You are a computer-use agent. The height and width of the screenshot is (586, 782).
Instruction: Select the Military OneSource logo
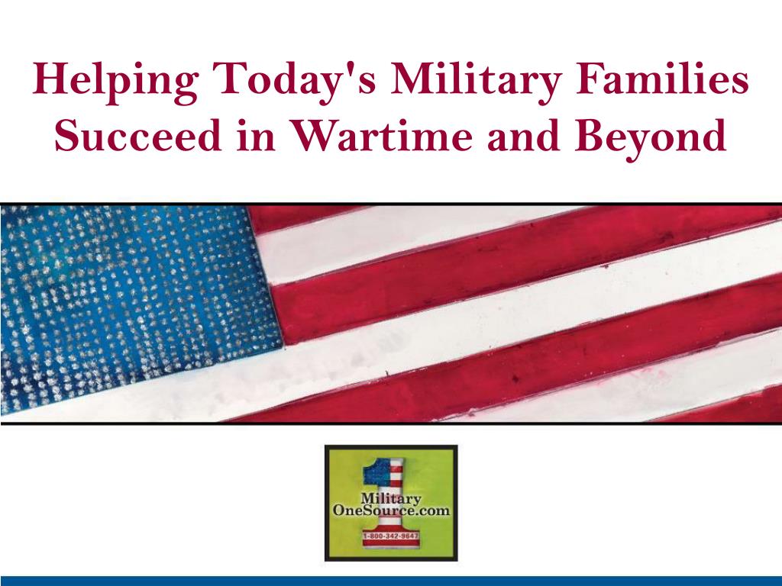click(x=391, y=503)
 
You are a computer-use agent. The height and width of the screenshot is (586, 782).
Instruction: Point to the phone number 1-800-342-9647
click(x=391, y=536)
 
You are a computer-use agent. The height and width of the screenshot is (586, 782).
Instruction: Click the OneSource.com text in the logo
click(x=391, y=510)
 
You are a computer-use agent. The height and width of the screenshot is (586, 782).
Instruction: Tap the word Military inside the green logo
click(x=391, y=499)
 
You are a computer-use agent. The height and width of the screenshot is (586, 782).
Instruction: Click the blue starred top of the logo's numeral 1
click(x=377, y=471)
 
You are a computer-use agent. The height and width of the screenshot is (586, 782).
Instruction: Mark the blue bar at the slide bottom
click(x=391, y=581)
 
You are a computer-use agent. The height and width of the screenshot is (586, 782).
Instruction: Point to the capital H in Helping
click(x=50, y=79)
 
